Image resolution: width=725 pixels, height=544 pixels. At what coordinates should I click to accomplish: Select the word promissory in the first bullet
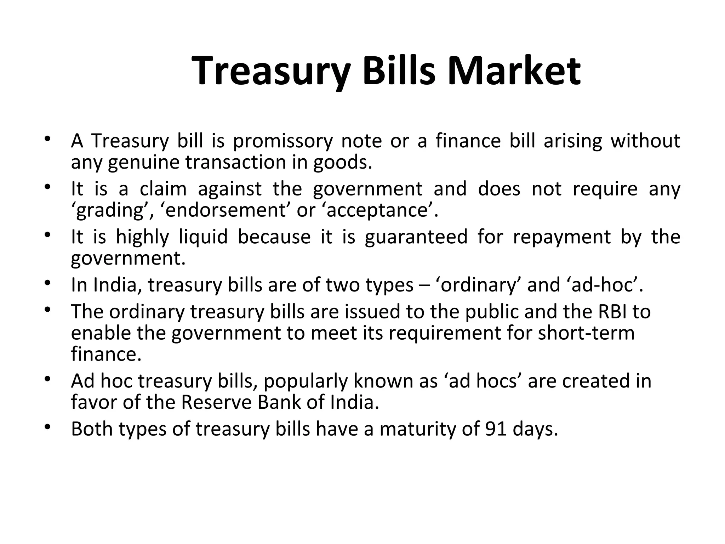(282, 141)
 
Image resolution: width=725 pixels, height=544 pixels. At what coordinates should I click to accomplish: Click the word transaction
(236, 162)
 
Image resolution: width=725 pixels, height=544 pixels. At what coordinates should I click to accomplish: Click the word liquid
(203, 237)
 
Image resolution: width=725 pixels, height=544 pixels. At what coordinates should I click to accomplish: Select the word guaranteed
(416, 237)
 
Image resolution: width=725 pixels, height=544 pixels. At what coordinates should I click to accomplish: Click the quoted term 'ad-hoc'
(602, 285)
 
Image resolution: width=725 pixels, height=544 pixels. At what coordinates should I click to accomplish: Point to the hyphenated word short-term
(586, 333)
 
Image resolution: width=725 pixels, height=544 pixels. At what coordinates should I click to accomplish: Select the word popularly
(305, 381)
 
